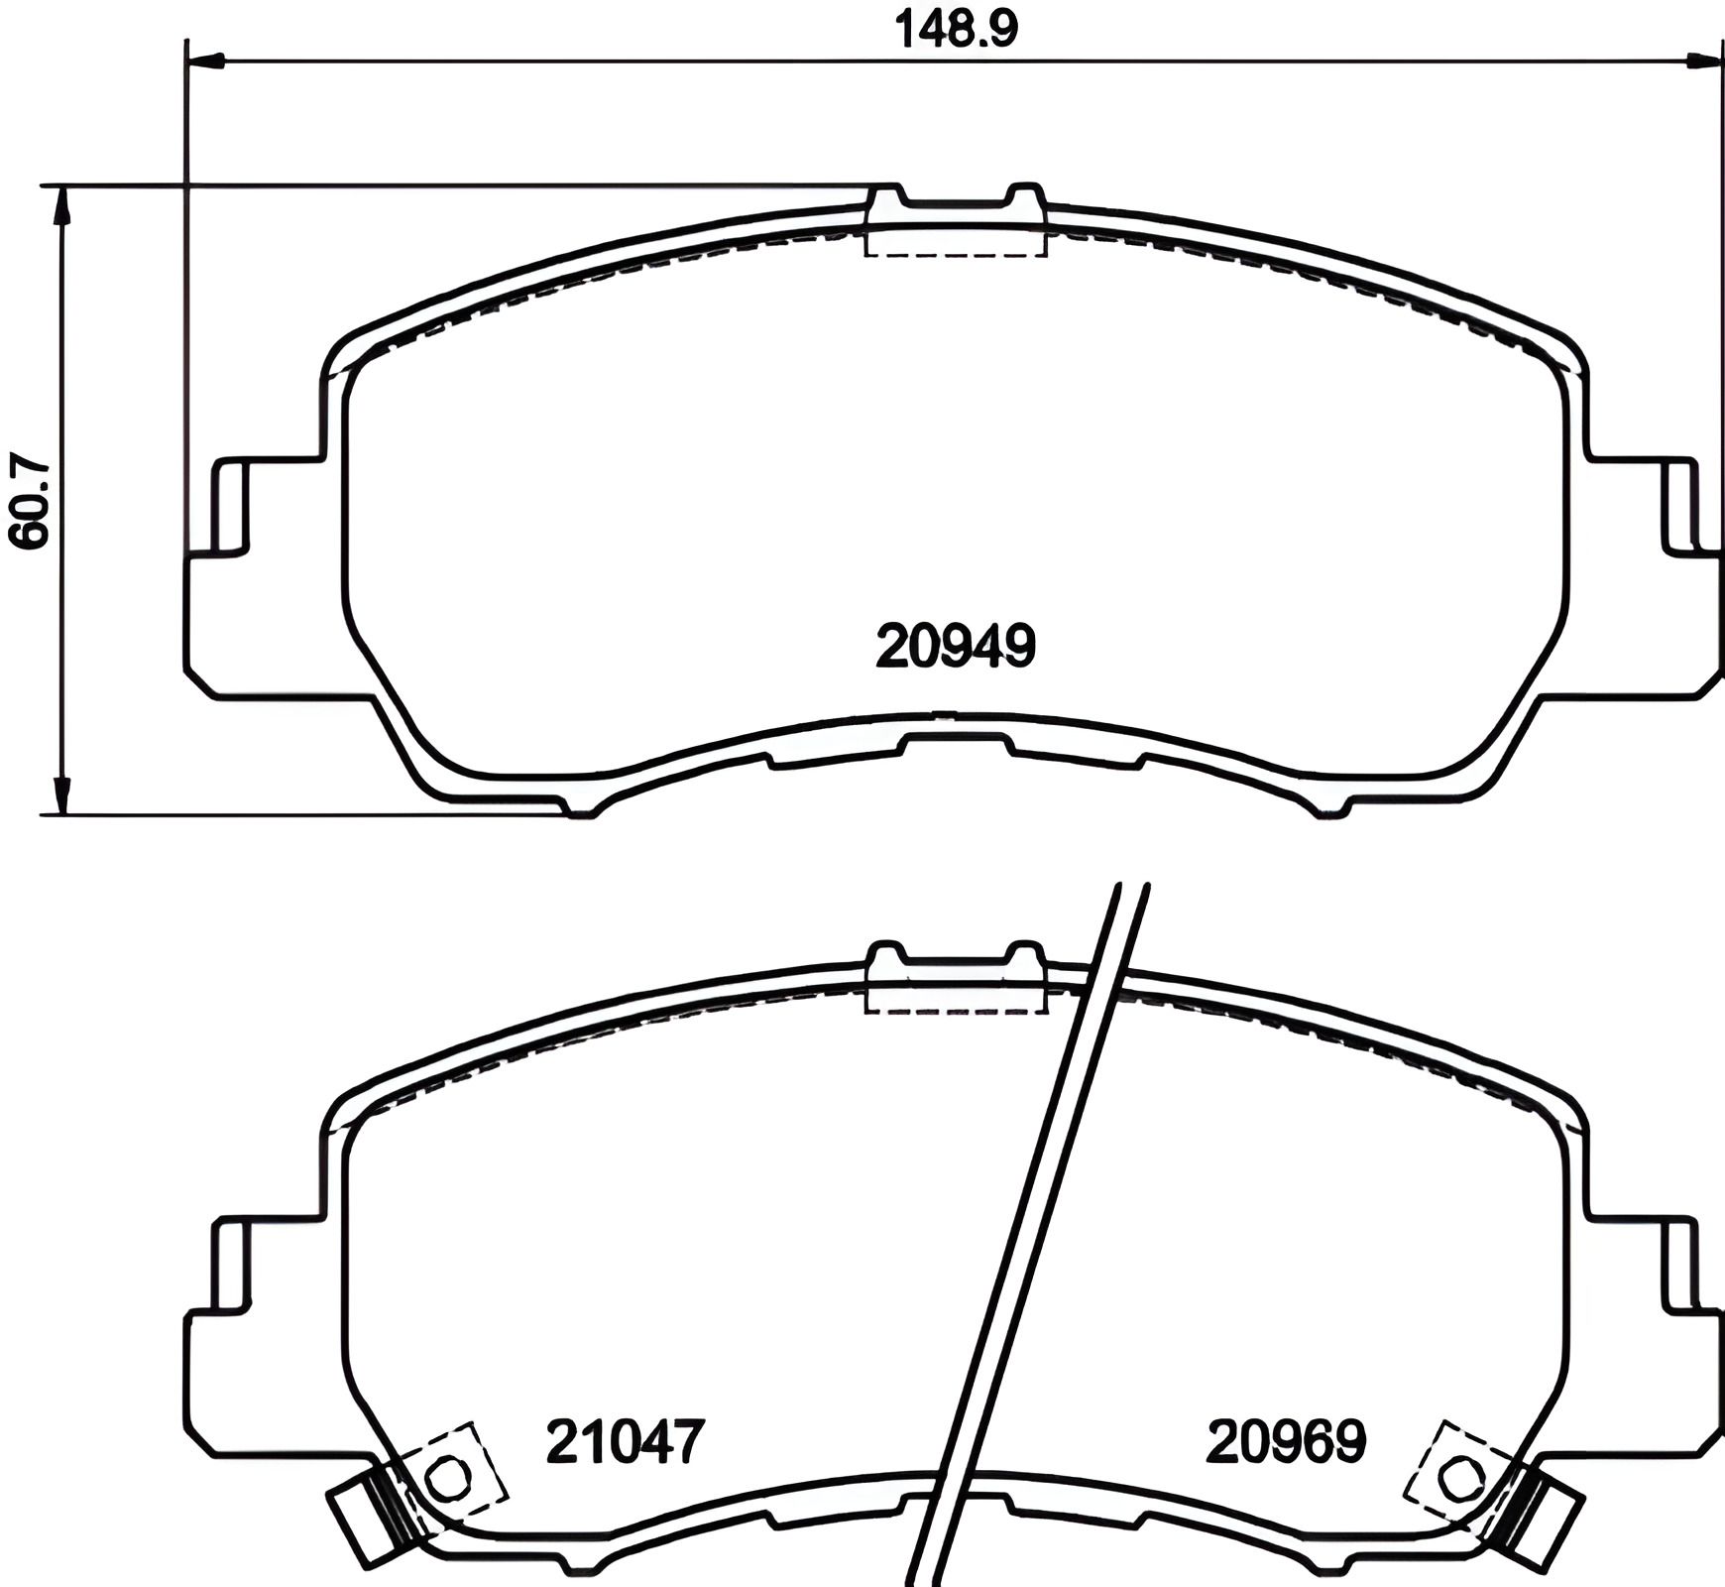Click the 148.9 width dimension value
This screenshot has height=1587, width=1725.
point(956,29)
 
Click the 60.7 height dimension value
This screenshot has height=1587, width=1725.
point(29,500)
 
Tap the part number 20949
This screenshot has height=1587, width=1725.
point(956,647)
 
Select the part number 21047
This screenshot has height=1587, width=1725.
point(626,1441)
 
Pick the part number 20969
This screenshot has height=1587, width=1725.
point(1286,1441)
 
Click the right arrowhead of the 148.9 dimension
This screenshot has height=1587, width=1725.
point(1704,61)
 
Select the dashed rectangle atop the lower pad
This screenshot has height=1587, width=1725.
point(956,996)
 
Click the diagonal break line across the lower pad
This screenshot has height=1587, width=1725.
point(1031,1230)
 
